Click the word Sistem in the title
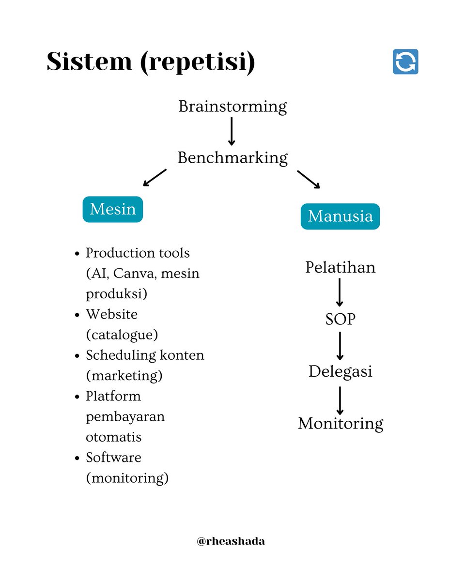click(89, 62)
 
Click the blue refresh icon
click(405, 62)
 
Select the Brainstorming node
click(232, 106)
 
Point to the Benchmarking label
click(232, 157)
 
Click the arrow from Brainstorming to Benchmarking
click(232, 131)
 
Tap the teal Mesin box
click(113, 209)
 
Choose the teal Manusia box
click(340, 216)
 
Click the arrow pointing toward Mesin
click(155, 178)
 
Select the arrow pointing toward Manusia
click(309, 179)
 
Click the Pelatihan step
click(340, 267)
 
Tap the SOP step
click(340, 320)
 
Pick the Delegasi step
click(340, 371)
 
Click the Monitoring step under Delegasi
click(340, 423)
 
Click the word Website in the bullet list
click(112, 314)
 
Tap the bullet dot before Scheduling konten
click(77, 356)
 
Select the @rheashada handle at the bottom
click(231, 541)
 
